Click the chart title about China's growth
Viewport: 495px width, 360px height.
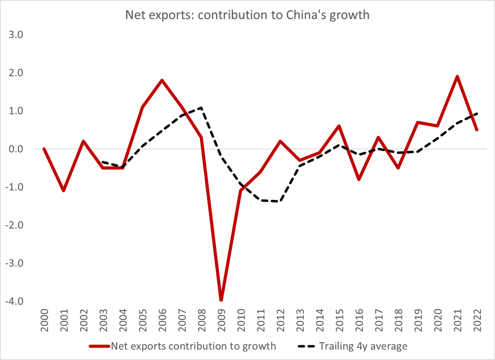point(247,15)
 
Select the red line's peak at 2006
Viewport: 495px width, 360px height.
point(162,80)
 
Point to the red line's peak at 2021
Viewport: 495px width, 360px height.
point(457,76)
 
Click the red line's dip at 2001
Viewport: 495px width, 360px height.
point(64,191)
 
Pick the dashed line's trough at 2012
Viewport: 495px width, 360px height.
point(280,201)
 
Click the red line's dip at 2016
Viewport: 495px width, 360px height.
point(359,179)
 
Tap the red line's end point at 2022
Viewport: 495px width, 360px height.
point(477,130)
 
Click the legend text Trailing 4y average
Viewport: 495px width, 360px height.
point(363,346)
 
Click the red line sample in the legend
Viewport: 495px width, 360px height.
point(99,346)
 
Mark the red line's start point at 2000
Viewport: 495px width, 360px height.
point(44,149)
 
